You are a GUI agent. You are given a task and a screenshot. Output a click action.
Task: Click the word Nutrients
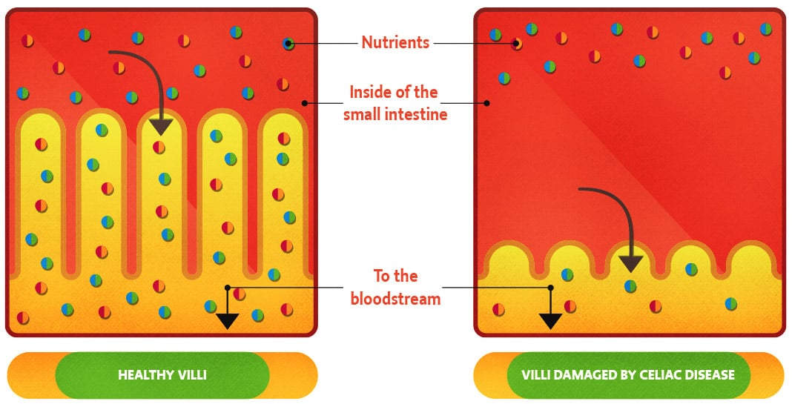(395, 42)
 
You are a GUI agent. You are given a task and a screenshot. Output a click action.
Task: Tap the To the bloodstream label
(395, 287)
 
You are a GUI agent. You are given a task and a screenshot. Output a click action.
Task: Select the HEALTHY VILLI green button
(162, 374)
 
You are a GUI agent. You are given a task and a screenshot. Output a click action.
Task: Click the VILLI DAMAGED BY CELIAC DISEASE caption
(628, 374)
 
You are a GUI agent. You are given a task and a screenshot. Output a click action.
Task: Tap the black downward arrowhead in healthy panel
(227, 320)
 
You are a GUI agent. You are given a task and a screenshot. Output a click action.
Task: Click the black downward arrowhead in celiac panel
(550, 320)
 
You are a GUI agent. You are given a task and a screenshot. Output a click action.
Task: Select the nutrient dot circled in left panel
(288, 44)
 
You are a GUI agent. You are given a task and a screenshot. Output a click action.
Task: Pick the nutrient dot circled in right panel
(516, 44)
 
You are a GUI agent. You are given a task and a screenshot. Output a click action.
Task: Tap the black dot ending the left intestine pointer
(304, 103)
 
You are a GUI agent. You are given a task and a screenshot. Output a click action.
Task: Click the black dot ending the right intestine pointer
(486, 103)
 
